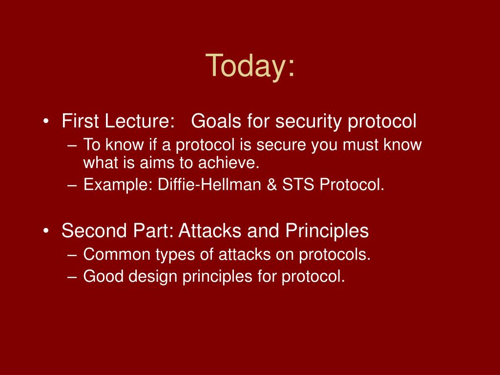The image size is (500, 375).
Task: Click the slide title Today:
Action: coord(250,66)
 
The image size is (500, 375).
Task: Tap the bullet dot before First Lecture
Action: coord(46,121)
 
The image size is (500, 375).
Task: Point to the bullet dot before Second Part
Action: coord(46,230)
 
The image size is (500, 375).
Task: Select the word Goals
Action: coord(216,121)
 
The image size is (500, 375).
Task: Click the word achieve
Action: coord(229,163)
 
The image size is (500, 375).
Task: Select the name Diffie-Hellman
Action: coord(209,184)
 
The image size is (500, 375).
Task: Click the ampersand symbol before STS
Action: coord(271,184)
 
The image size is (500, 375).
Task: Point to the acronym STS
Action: coord(298,184)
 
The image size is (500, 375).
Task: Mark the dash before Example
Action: coord(72,186)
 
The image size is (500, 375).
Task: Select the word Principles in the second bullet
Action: coord(327,231)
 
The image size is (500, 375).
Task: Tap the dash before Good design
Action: coord(72,277)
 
